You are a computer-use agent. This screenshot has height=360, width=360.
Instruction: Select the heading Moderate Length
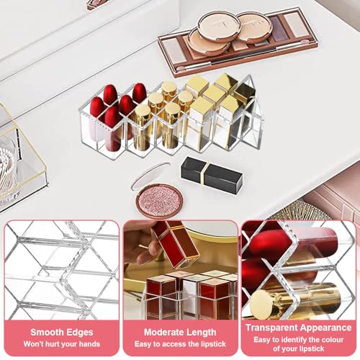180,332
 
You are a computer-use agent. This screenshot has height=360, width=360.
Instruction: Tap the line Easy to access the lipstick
180,344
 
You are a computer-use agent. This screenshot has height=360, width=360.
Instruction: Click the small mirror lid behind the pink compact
150,175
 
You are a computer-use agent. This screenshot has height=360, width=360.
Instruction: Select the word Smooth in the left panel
45,332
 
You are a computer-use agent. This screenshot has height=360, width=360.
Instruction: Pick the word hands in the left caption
89,344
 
